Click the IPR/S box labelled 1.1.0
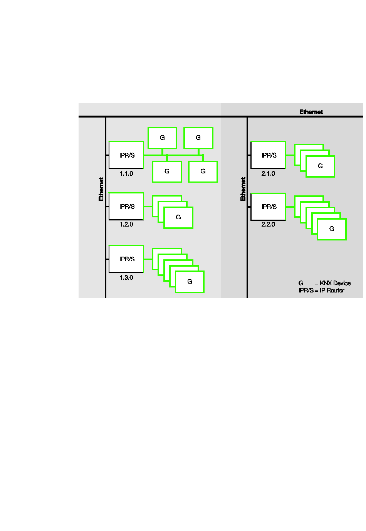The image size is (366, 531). (126, 155)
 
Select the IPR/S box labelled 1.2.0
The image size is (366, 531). (126, 206)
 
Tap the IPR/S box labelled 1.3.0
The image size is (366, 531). (126, 259)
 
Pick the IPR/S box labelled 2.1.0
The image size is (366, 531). (268, 155)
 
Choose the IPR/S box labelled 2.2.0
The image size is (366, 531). (268, 207)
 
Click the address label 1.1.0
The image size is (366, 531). (126, 173)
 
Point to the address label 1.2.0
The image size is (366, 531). (126, 224)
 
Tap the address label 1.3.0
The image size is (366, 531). (126, 277)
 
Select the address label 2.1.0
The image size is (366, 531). (268, 173)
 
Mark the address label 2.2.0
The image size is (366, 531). (268, 224)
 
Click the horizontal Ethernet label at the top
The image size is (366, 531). (311, 112)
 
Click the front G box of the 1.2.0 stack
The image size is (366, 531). (178, 218)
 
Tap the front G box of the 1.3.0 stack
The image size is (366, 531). (190, 282)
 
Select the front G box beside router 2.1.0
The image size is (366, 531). (320, 166)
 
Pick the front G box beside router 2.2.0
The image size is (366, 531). (332, 229)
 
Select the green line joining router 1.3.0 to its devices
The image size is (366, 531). (148, 259)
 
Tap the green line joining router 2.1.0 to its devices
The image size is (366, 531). (290, 155)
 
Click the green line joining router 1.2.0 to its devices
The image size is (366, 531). (148, 207)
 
